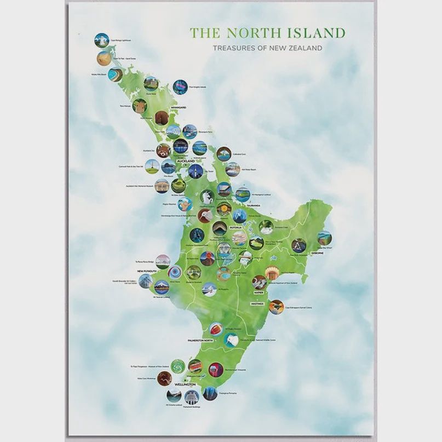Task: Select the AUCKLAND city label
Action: click(185, 161)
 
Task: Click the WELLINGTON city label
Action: click(185, 384)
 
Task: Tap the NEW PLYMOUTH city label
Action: click(147, 271)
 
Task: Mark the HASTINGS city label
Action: click(259, 303)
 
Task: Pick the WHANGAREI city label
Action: click(179, 107)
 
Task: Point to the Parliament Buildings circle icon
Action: click(191, 397)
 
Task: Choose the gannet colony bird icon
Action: click(276, 307)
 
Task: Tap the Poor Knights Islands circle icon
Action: click(180, 87)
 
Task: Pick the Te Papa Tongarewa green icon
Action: click(177, 366)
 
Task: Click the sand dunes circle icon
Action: click(104, 58)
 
